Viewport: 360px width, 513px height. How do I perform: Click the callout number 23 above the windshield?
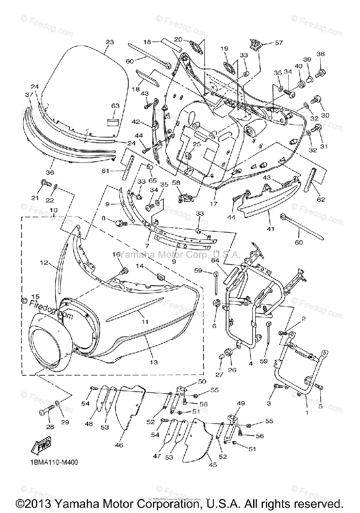[110, 42]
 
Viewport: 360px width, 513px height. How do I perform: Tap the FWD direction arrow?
[41, 447]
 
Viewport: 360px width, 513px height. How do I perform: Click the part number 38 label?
[321, 54]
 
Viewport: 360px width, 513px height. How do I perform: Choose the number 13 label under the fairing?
[153, 362]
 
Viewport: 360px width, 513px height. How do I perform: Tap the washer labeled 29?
[58, 404]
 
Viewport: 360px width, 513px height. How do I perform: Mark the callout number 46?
[119, 445]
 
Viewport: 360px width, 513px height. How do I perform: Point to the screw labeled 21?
[45, 184]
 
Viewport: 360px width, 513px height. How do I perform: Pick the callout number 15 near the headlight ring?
[35, 296]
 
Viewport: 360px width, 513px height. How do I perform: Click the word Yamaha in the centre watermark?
[132, 255]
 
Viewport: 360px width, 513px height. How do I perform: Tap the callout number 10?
[53, 210]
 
